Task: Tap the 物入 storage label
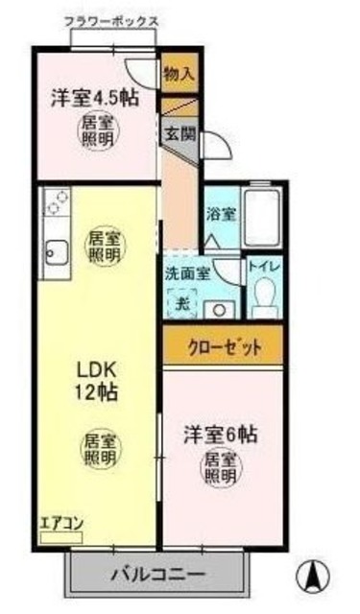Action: coord(179,73)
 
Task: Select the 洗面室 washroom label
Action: coord(187,273)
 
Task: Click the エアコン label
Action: coord(61,524)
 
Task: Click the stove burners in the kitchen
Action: coord(56,202)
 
